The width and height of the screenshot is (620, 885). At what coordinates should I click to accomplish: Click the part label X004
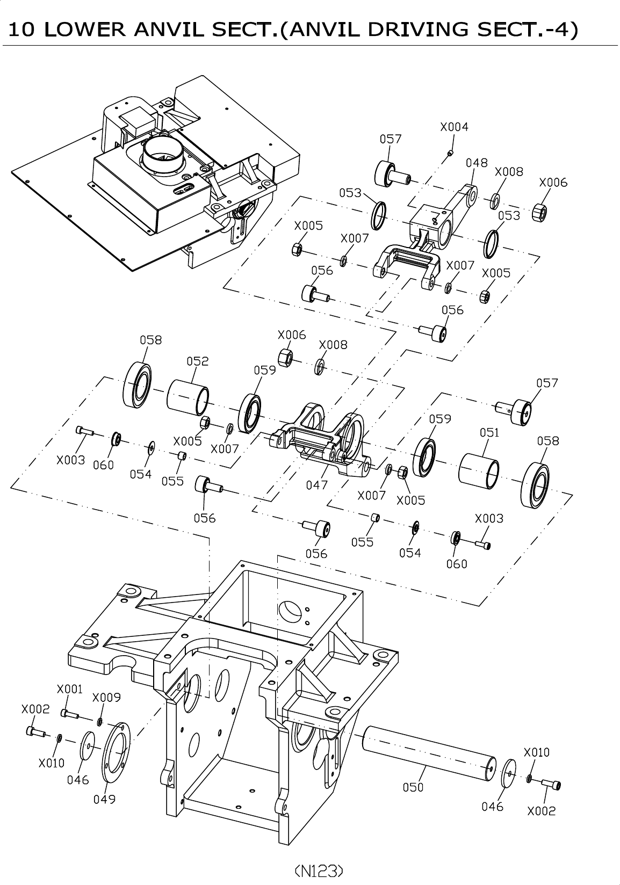(x=454, y=127)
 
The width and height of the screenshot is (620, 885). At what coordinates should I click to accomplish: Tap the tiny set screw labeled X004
(x=450, y=153)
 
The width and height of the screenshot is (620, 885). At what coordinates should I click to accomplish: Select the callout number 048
(x=477, y=163)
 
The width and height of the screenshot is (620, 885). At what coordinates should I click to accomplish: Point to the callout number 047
(x=317, y=485)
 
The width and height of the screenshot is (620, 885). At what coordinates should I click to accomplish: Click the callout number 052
(x=198, y=361)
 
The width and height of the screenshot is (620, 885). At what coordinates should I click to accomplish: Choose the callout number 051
(x=489, y=433)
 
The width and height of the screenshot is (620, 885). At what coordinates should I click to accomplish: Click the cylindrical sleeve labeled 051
(x=479, y=471)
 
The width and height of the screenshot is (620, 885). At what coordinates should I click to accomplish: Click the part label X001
(x=69, y=689)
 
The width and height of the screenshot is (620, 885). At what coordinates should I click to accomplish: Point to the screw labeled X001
(x=69, y=714)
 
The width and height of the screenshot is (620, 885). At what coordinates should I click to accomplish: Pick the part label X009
(x=106, y=698)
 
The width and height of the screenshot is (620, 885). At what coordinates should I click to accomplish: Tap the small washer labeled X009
(x=99, y=722)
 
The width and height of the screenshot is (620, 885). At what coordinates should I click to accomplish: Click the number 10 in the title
(x=21, y=29)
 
